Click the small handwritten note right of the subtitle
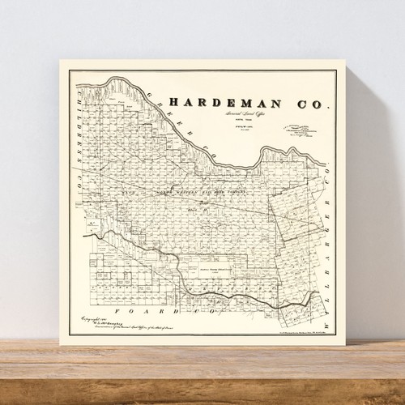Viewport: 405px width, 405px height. [304, 128]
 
